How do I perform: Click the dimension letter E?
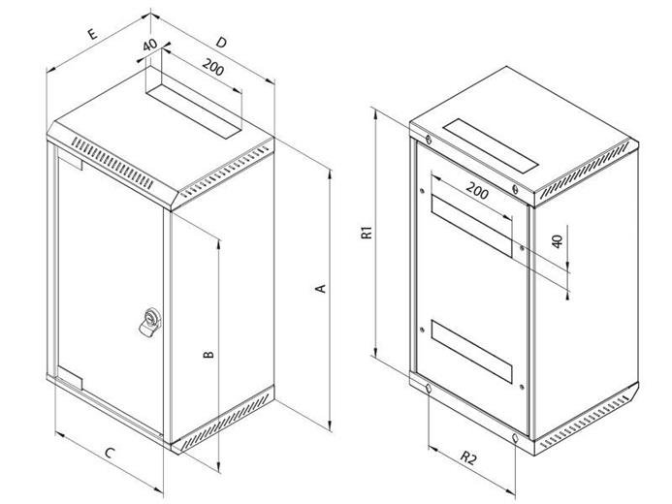(92, 34)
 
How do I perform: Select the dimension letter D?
(221, 42)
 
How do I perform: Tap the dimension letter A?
(321, 289)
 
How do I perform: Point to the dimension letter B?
(208, 355)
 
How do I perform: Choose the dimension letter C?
(111, 453)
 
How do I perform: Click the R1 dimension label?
(368, 232)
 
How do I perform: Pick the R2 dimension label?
(468, 458)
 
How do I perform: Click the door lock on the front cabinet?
(150, 322)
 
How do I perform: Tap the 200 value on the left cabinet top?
(213, 67)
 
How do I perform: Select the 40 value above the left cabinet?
(149, 45)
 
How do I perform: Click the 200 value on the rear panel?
(477, 190)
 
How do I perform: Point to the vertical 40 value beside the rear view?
(557, 241)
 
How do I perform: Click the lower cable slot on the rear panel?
(471, 351)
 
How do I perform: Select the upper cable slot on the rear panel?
(471, 226)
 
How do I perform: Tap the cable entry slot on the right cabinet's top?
(491, 145)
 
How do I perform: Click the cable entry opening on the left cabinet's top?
(194, 107)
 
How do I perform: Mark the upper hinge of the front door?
(70, 162)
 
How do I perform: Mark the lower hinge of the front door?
(70, 378)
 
